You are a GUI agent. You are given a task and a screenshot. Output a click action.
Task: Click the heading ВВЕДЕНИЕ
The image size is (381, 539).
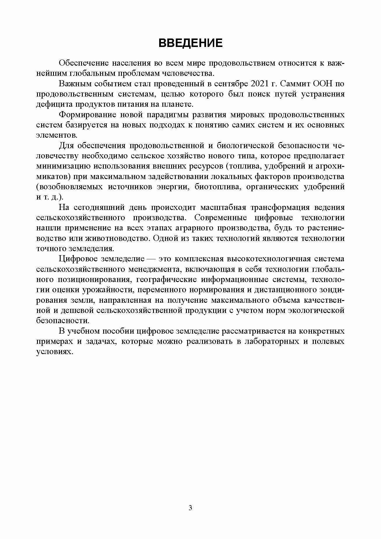pyautogui.click(x=190, y=43)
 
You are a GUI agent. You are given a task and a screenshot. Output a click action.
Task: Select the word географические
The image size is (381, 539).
pyautogui.click(x=166, y=279)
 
